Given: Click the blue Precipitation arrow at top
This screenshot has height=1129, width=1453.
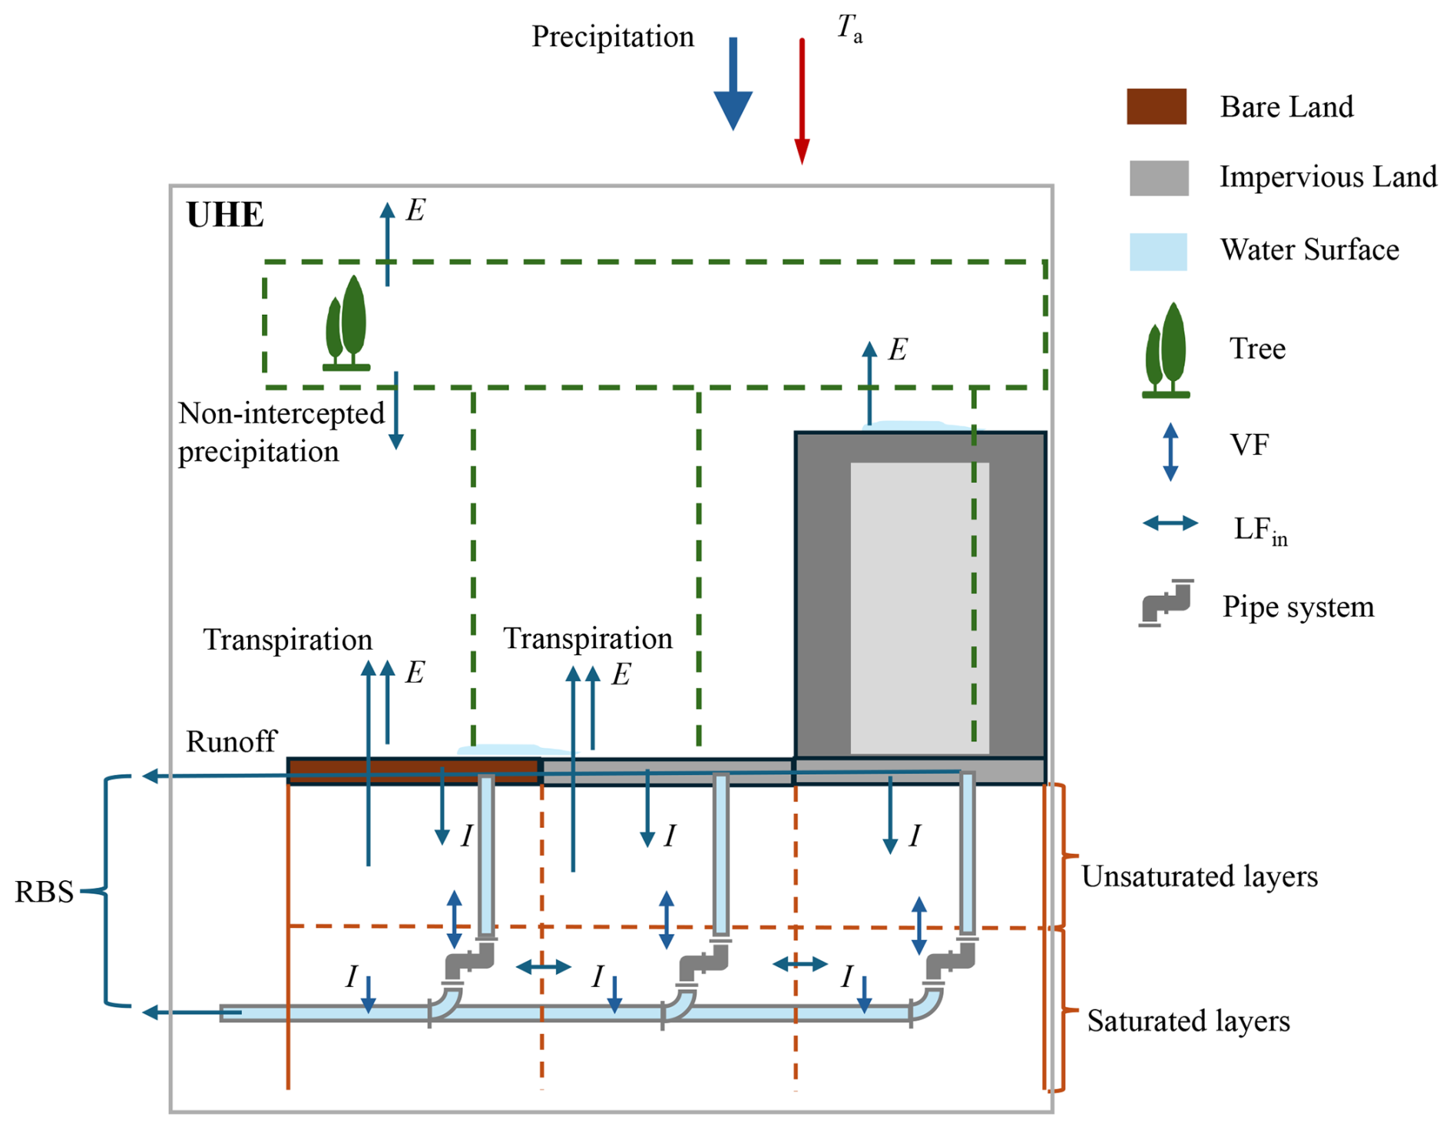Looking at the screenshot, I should [733, 84].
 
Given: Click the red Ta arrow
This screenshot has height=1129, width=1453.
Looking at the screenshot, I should [802, 100].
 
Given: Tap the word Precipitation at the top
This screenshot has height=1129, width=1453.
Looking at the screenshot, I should [612, 37].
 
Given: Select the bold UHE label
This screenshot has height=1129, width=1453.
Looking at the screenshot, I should [225, 215].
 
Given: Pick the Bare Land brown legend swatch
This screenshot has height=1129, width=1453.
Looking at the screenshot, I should [1157, 107].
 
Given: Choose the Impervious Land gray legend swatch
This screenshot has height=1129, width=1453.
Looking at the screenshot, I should [1159, 178].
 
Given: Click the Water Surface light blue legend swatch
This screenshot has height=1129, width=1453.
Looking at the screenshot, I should [1158, 251].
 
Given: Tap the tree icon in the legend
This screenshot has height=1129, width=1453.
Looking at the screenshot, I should [1166, 350].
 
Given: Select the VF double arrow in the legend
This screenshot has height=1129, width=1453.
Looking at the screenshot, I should [1170, 452].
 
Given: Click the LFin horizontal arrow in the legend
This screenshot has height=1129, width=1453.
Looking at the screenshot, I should [1170, 524].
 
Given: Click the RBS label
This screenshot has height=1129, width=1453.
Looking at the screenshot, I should [45, 892].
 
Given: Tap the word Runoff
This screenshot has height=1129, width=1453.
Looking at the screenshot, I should [231, 742].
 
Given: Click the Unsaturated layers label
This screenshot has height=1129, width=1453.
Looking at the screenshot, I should [1199, 876].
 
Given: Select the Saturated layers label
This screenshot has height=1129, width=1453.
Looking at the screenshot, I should [1188, 1021].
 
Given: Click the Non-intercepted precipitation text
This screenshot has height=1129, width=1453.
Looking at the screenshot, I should [281, 432].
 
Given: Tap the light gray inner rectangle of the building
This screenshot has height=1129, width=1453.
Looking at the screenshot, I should [918, 607].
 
